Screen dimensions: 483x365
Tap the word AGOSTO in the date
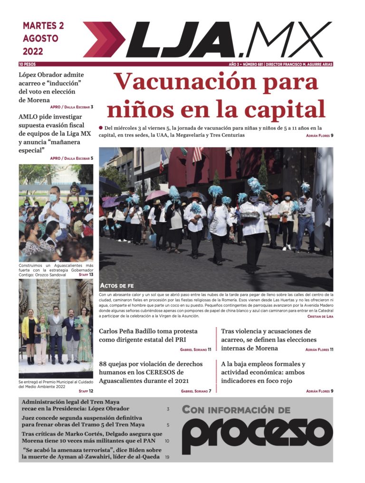(40, 38)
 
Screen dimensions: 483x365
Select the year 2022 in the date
(33, 51)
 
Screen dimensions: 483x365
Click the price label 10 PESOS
(27, 64)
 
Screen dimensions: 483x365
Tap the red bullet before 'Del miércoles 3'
(101, 128)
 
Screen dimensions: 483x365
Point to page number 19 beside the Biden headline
(167, 457)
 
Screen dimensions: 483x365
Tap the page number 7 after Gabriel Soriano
(210, 391)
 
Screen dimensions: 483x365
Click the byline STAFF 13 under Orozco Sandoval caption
(86, 275)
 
